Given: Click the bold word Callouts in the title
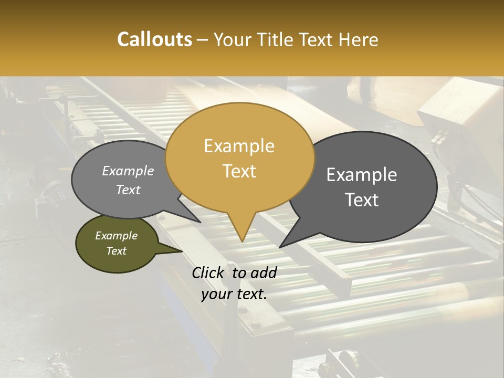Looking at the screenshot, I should (x=154, y=39).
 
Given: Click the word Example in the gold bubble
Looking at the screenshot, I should (x=239, y=146).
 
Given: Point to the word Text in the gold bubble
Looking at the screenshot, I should (x=239, y=171).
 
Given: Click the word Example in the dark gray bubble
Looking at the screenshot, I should (x=362, y=175).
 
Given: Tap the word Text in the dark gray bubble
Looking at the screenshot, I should (x=362, y=200).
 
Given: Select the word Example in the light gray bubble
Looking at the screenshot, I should (x=128, y=171).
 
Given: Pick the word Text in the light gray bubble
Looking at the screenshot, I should (x=128, y=190).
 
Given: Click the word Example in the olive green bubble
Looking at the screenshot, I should (x=117, y=236).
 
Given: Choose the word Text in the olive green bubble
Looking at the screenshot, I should (x=117, y=251).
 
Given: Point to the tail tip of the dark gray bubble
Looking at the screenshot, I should (x=280, y=247).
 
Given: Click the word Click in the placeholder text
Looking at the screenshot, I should (x=208, y=272).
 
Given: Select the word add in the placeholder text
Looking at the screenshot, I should (x=264, y=272).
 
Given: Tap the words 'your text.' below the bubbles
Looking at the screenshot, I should (x=234, y=294).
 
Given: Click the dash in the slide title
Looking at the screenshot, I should (x=203, y=40).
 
